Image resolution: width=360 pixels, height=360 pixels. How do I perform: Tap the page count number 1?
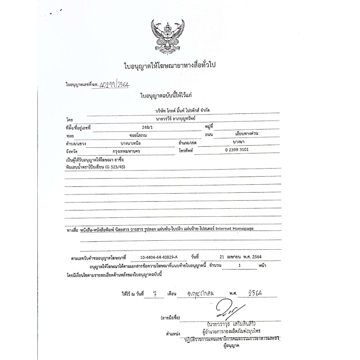coord(239,265)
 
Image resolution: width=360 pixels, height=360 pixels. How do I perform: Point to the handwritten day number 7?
coord(154,294)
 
